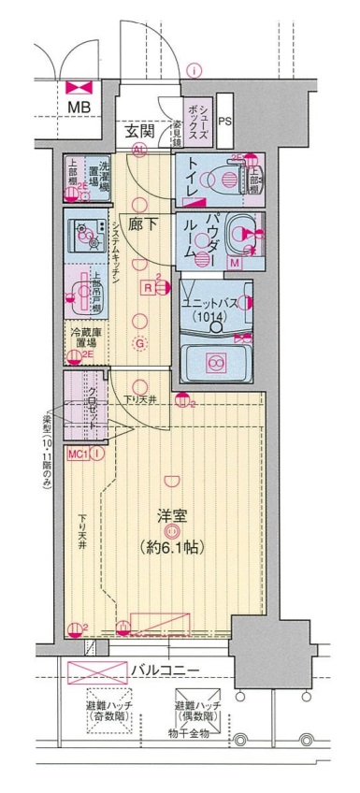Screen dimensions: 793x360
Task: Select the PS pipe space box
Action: [x=224, y=121]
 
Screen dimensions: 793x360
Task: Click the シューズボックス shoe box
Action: [x=196, y=122]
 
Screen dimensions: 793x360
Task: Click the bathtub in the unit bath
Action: [x=216, y=361]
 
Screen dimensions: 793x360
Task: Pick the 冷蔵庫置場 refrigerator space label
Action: [x=85, y=338]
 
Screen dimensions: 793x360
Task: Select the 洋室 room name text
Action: [x=168, y=514]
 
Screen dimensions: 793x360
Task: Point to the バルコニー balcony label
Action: [x=163, y=670]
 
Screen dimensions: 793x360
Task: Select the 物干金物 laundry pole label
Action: [x=194, y=731]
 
